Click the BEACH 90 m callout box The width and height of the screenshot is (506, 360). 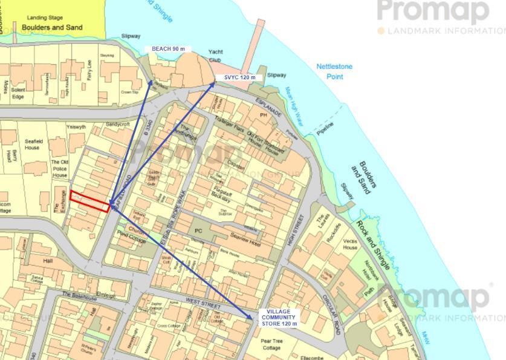[168, 49]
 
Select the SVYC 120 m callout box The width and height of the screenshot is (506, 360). [239, 77]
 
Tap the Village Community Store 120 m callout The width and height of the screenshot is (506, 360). [279, 318]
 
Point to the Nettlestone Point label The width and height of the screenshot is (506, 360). [334, 71]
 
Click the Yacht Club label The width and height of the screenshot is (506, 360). [216, 56]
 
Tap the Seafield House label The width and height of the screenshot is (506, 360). [32, 144]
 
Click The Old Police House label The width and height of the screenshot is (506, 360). [59, 169]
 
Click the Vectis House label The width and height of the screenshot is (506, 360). [350, 244]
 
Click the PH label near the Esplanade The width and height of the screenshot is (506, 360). [263, 114]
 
